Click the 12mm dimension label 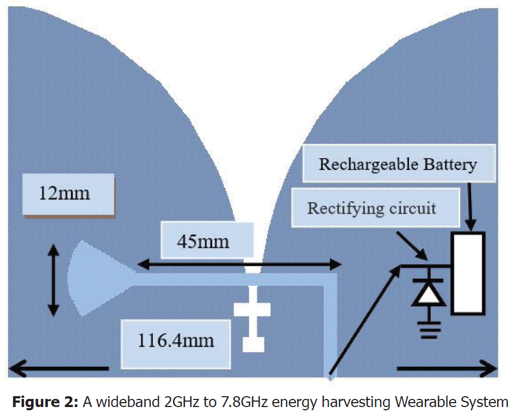tap(64, 193)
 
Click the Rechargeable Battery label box tap(398, 164)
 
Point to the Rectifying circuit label tap(372, 208)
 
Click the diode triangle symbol tap(428, 294)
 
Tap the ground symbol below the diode tap(429, 328)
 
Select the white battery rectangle tap(467, 273)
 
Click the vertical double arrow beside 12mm tap(53, 280)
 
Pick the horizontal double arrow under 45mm tap(239, 264)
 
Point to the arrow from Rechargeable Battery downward tap(471, 207)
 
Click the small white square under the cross tap(252, 344)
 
